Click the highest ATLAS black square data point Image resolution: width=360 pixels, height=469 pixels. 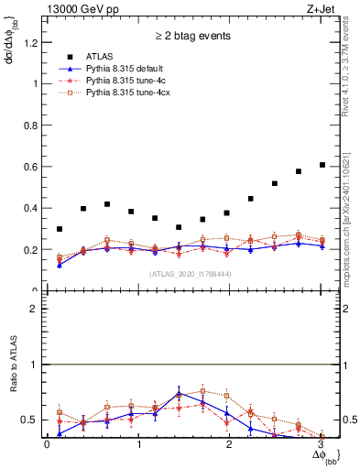pos(322,165)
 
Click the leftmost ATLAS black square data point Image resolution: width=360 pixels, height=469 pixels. pos(60,229)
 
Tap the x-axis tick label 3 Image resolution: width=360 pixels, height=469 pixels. pos(322,445)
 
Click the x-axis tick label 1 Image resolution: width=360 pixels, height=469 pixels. pos(138,445)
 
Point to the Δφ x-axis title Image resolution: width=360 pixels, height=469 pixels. pos(322,456)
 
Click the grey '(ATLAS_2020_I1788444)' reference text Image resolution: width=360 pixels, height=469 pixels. pos(191,274)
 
